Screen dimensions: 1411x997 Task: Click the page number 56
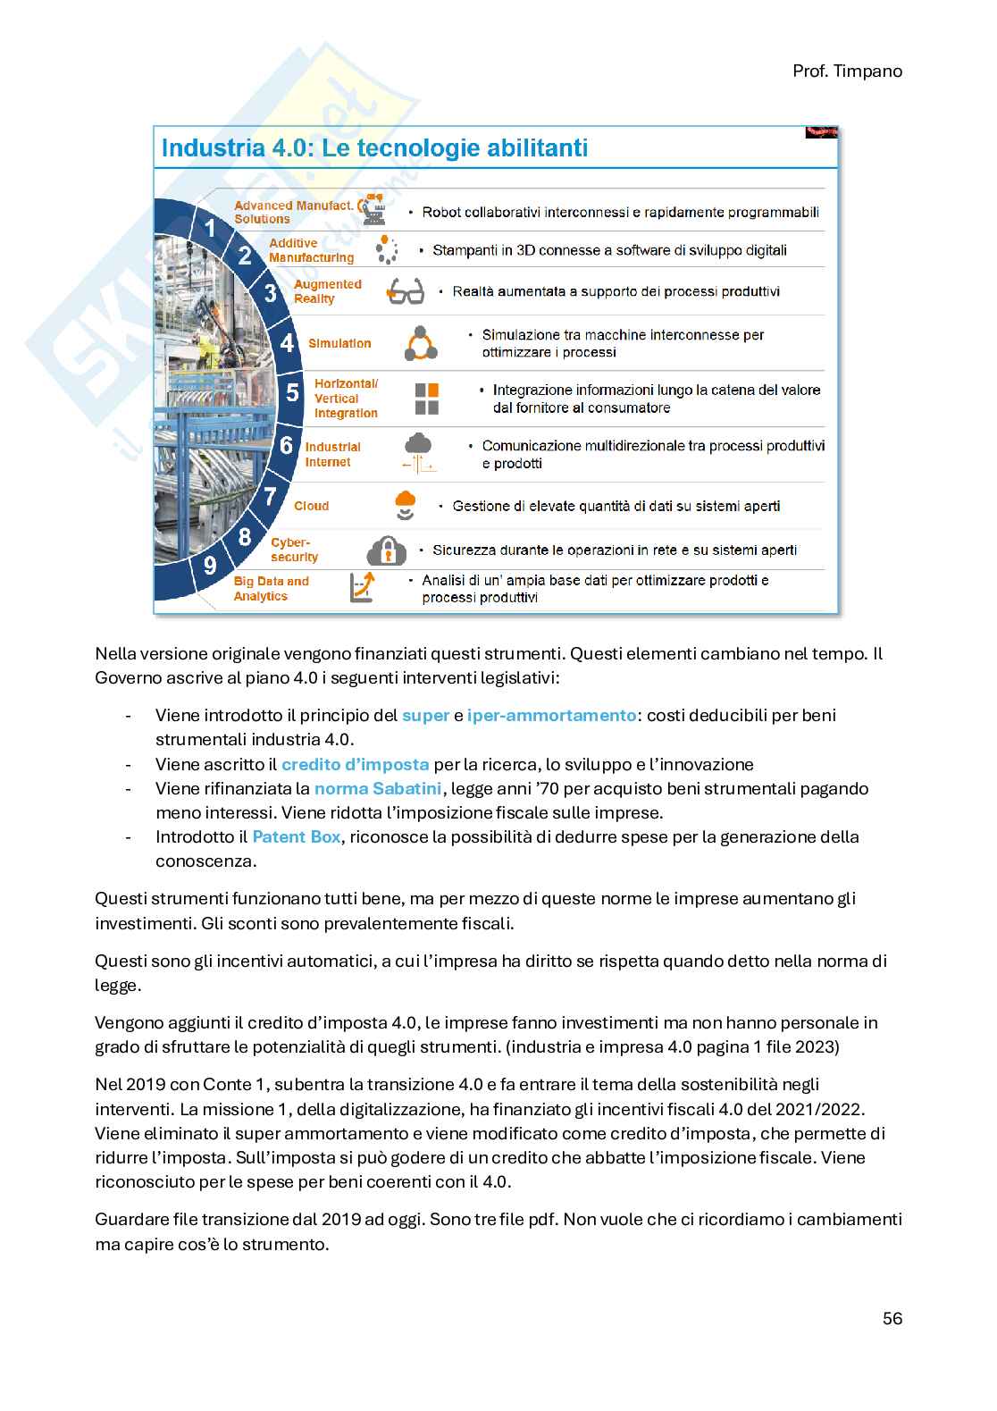click(x=892, y=1318)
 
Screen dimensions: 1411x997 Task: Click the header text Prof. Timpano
click(x=847, y=71)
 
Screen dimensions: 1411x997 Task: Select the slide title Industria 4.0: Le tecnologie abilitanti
click(x=374, y=147)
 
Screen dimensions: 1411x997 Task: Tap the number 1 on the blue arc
click(x=211, y=229)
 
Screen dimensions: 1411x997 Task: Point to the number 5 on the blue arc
click(x=292, y=391)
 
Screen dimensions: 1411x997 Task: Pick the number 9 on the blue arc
click(x=210, y=565)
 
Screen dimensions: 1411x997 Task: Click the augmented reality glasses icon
click(x=405, y=291)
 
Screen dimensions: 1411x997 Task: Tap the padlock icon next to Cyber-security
click(x=387, y=549)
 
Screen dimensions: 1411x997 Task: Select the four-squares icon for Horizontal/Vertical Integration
click(x=427, y=399)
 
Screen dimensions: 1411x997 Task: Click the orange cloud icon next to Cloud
click(x=406, y=504)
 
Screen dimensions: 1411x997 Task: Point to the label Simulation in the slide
click(x=339, y=343)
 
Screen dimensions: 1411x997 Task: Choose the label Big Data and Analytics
click(x=271, y=588)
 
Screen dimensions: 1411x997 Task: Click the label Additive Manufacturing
click(x=311, y=250)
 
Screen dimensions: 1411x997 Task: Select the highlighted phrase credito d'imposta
click(x=355, y=764)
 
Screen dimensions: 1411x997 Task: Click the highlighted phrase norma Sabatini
click(x=378, y=788)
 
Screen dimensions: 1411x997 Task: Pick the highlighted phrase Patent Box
click(x=296, y=836)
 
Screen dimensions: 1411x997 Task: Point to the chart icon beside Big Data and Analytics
click(x=363, y=587)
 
